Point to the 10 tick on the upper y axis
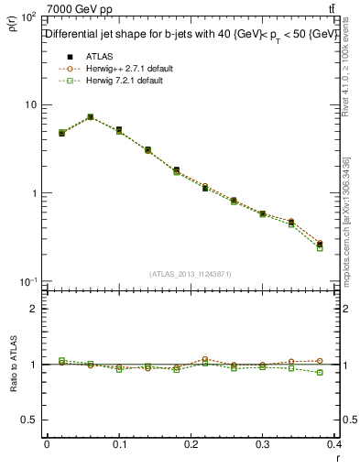tap(31, 104)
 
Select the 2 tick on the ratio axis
tap(33, 309)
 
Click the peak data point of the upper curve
tap(90, 117)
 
